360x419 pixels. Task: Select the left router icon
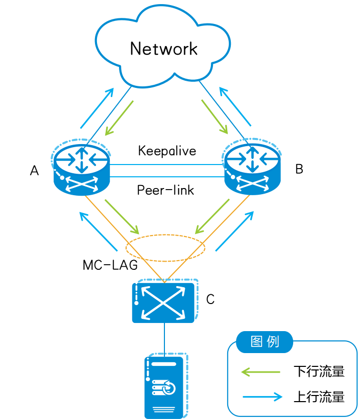click(82, 169)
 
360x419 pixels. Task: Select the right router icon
click(252, 169)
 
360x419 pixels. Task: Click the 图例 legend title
click(265, 342)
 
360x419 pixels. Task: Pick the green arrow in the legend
click(260, 372)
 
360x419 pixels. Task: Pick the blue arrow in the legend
click(262, 397)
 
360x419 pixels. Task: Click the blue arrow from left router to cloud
click(97, 108)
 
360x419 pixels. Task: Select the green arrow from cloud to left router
click(119, 118)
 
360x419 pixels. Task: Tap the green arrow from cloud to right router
click(214, 117)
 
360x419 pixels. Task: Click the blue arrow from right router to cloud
click(235, 107)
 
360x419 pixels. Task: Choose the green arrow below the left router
click(122, 217)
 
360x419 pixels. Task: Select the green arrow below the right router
click(212, 216)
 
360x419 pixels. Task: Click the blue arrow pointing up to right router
click(234, 230)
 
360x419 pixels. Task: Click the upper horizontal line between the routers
click(167, 165)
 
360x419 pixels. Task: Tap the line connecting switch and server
click(164, 338)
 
